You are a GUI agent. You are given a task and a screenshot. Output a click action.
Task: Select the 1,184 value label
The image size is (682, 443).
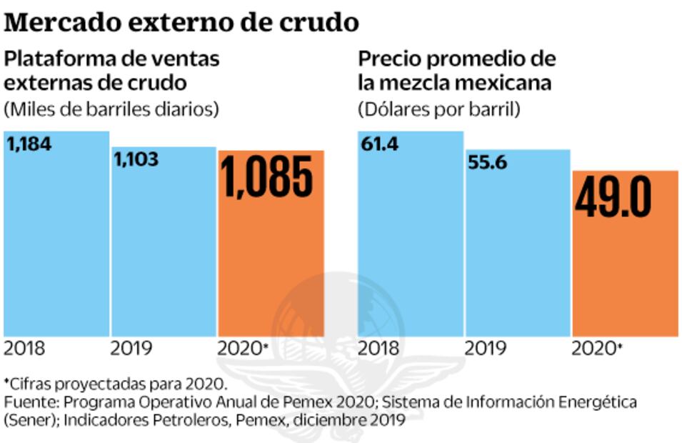[x=29, y=144]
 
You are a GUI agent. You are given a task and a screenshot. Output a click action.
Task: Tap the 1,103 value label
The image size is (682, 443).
[x=136, y=159]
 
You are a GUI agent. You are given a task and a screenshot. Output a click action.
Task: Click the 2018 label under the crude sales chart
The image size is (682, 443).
[x=24, y=349]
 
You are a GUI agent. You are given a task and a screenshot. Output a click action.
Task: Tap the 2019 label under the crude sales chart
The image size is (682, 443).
[x=131, y=349]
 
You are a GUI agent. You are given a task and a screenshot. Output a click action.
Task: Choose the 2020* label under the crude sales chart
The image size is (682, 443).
[x=243, y=349]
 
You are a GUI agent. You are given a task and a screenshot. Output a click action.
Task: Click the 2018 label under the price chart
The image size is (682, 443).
[x=378, y=349]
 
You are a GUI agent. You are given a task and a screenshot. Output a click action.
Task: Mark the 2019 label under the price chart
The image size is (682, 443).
[x=486, y=349]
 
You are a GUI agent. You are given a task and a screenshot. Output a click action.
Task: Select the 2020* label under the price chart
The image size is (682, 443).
[x=598, y=349]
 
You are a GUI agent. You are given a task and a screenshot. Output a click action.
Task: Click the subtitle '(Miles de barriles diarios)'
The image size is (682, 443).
[x=111, y=109]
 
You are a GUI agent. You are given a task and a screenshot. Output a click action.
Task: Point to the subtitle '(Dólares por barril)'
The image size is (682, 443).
[x=439, y=109]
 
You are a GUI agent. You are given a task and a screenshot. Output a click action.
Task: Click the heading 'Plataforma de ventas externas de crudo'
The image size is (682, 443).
[x=111, y=71]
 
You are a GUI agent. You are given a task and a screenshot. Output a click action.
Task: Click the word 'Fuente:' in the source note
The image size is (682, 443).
[x=29, y=402]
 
